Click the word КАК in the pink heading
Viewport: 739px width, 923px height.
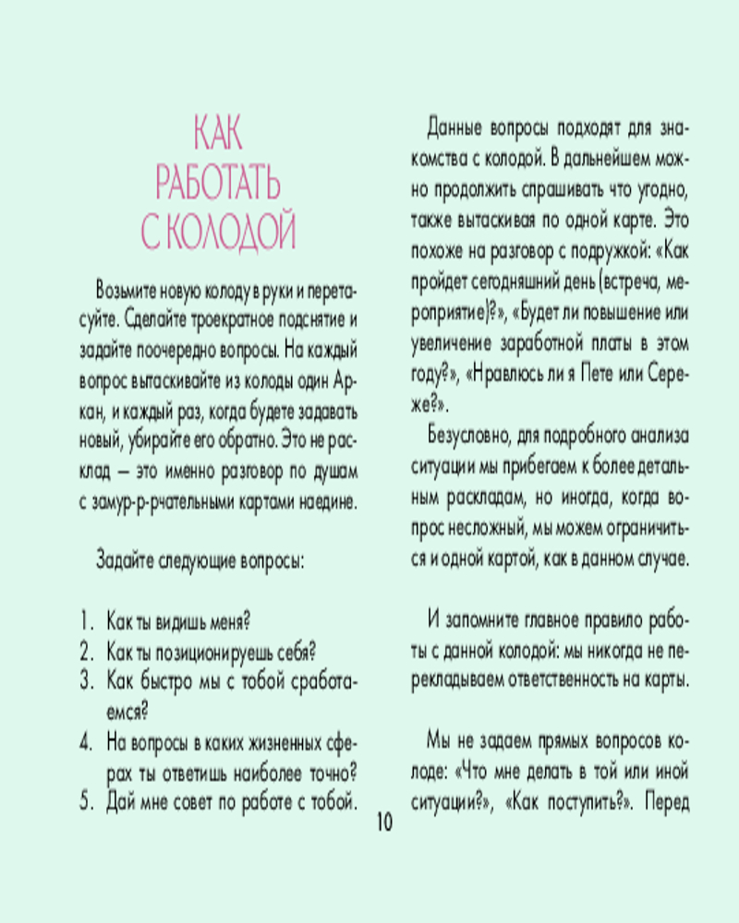[x=218, y=135]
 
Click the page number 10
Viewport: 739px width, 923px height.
[x=384, y=822]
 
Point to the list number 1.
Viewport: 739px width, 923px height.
[x=86, y=620]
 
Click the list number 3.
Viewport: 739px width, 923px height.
[x=86, y=681]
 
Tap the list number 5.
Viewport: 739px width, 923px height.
[x=86, y=800]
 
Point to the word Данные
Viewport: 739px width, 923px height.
[x=454, y=126]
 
